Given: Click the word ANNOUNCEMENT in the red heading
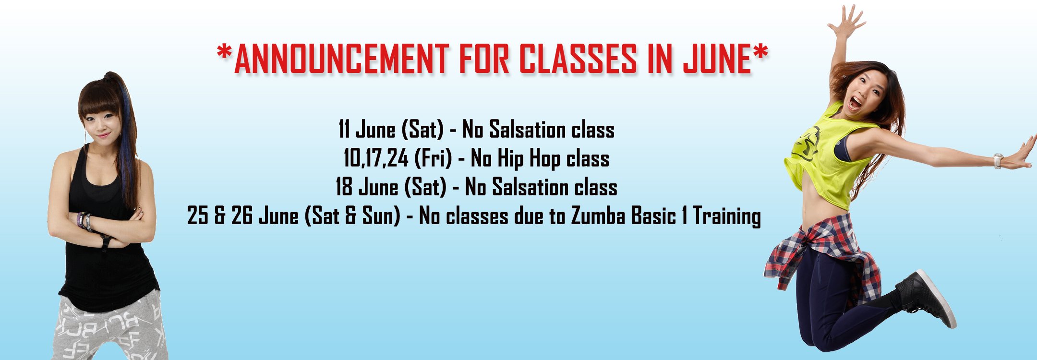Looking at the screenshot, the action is point(341,59).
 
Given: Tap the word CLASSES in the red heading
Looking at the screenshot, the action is point(578,59).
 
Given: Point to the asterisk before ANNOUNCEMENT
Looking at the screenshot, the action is point(224,52).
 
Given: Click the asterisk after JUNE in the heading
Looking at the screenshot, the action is point(760,52).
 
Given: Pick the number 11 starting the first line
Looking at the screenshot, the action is point(344,129).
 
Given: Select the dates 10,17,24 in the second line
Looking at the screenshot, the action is point(375,158).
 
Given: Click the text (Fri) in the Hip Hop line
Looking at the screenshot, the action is point(433,158).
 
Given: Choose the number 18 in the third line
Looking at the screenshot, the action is point(344,187).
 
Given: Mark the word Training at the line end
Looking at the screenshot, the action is point(727,216).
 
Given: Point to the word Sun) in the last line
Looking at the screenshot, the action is point(381,216).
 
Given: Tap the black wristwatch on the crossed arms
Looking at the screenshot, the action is point(106,240).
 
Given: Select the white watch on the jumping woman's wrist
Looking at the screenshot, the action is point(998,161).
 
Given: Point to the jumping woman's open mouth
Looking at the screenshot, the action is point(856,102).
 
